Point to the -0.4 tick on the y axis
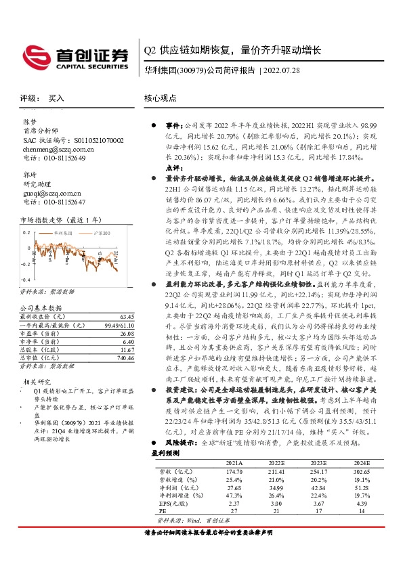coord(26,280)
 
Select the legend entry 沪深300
coord(93,232)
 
